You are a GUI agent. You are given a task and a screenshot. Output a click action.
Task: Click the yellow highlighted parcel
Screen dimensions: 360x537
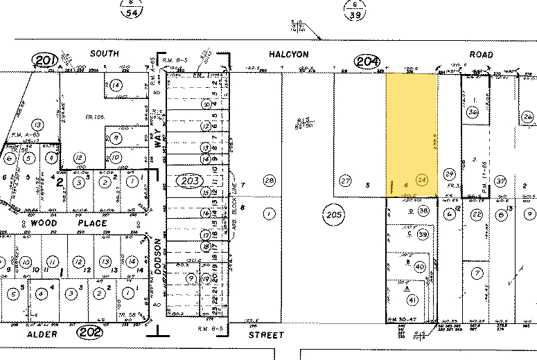411,132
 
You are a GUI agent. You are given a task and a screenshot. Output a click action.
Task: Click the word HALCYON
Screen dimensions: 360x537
288,54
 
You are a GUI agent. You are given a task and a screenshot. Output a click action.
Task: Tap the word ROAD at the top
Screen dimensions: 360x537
479,54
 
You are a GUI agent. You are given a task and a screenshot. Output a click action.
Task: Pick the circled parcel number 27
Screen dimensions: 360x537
345,181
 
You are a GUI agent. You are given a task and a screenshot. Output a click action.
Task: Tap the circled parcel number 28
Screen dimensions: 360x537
268,181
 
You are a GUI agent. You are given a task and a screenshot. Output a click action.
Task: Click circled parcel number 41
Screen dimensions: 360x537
413,300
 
